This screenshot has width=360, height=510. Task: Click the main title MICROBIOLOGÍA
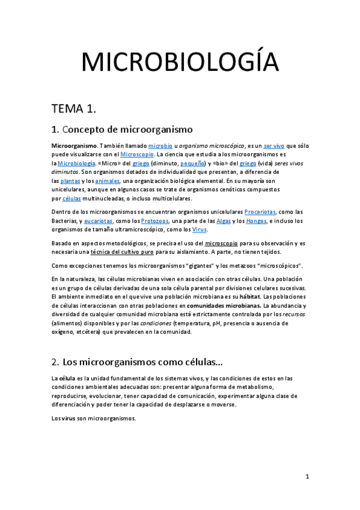(x=180, y=63)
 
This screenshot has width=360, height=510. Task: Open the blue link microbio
(x=160, y=146)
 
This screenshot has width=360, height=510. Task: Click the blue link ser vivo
(x=274, y=146)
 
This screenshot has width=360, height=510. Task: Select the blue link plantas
(x=70, y=180)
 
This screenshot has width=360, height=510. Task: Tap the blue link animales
(x=108, y=180)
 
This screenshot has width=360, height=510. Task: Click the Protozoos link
(x=155, y=221)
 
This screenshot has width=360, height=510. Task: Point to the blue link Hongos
(x=255, y=221)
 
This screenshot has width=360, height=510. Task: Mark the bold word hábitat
(x=250, y=296)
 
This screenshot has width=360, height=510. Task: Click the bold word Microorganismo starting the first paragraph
(x=74, y=146)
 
